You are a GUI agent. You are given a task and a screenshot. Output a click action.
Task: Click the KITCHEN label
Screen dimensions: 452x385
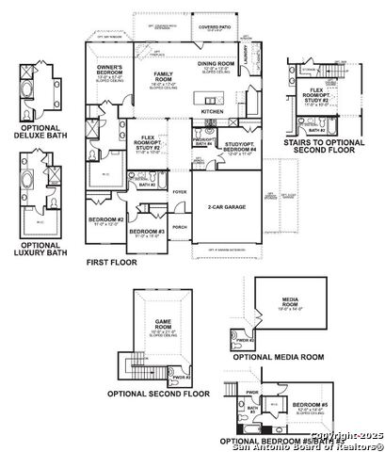(x=212, y=110)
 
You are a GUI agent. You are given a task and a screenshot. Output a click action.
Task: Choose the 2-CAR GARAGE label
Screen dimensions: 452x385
(x=222, y=207)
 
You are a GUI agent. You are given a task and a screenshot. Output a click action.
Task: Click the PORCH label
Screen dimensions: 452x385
(x=179, y=226)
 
